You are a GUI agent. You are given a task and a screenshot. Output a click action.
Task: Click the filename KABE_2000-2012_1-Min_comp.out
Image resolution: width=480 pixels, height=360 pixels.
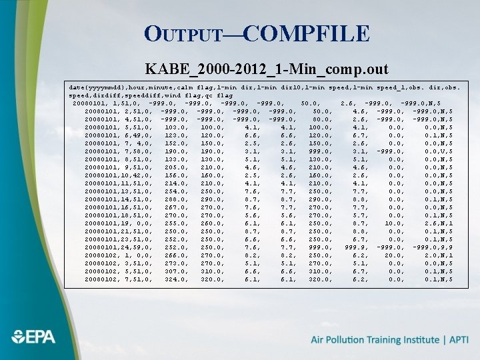click(267, 69)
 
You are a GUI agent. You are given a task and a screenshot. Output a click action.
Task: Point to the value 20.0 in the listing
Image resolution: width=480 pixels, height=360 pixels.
click(392, 255)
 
